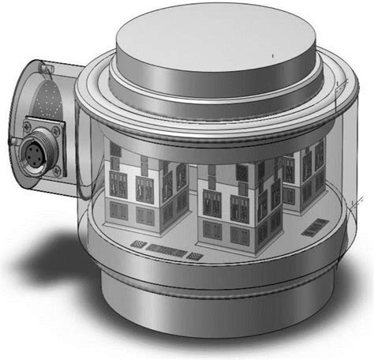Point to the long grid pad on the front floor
[168, 252]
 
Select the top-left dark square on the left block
[115, 150]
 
